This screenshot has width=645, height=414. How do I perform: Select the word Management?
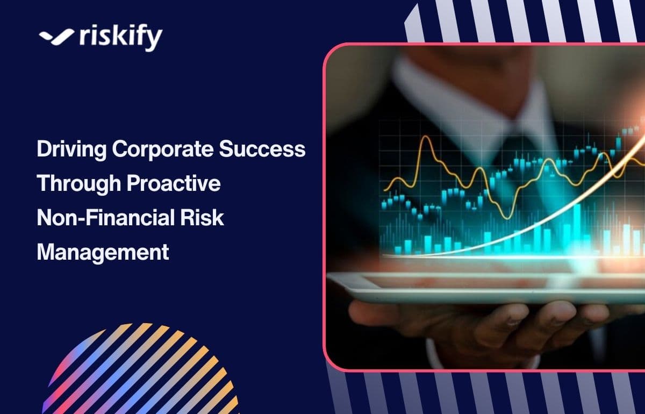[x=103, y=252]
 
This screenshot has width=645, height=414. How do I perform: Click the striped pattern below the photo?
[x=484, y=392]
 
